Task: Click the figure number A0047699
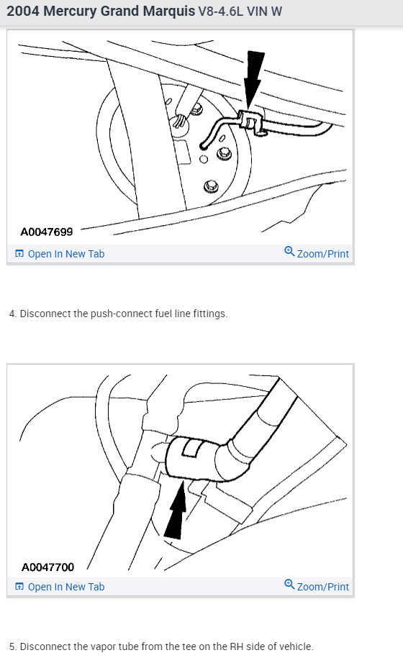click(x=46, y=232)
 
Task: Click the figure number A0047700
click(x=47, y=567)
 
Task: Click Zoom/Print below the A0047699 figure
click(x=322, y=254)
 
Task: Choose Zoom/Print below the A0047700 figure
click(x=322, y=587)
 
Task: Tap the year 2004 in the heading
click(x=23, y=13)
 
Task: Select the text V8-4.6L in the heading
click(x=222, y=14)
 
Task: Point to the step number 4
click(x=12, y=314)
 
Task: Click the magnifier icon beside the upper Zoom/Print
click(x=289, y=252)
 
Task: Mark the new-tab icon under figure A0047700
click(x=19, y=587)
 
